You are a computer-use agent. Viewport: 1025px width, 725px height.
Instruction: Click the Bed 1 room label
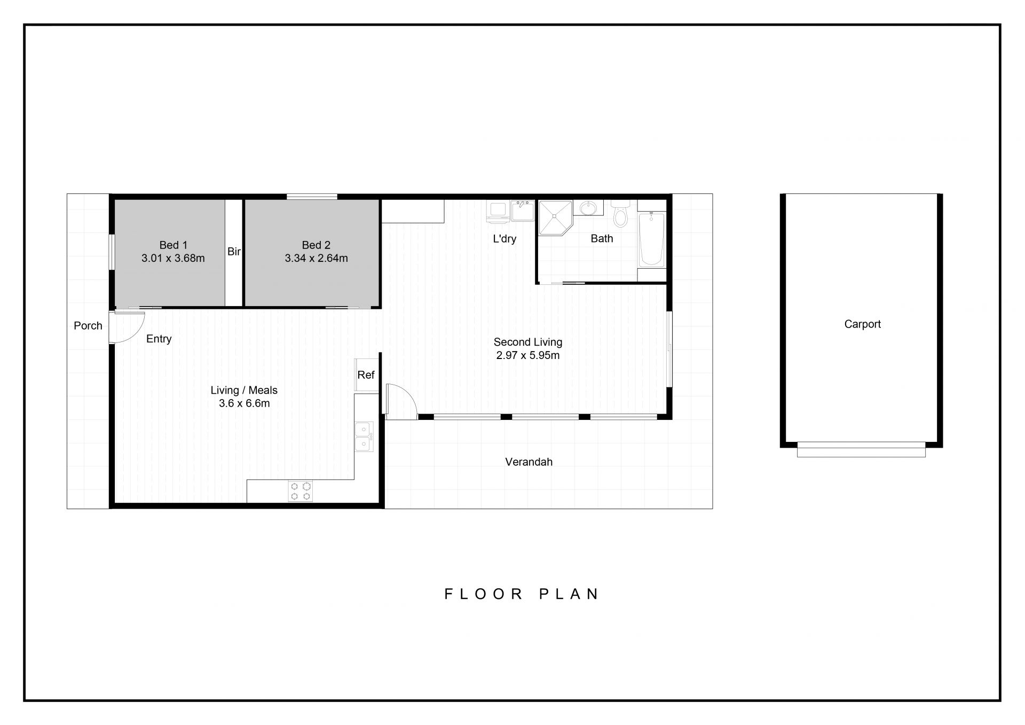coord(174,245)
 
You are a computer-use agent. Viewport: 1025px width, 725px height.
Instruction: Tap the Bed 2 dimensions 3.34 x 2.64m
coord(316,259)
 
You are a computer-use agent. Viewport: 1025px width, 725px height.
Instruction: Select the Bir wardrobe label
coord(234,251)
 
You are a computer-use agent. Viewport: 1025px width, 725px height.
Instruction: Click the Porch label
coord(88,325)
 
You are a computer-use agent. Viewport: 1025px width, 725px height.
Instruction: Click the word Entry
coord(159,339)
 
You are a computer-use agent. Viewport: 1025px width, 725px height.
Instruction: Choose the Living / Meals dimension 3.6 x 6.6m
coord(245,403)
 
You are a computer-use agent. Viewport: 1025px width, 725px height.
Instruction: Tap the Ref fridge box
coord(367,375)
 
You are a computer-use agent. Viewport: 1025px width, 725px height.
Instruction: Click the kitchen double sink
coord(364,436)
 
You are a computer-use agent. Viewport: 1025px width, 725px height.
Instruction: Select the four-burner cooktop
coord(301,492)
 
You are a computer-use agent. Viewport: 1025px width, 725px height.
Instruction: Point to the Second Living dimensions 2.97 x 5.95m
coord(528,355)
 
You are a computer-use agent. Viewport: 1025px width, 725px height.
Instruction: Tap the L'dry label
coord(504,239)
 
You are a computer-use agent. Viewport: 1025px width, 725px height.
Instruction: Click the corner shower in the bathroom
coord(555,217)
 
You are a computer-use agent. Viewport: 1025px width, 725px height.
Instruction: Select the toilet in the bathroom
coord(620,213)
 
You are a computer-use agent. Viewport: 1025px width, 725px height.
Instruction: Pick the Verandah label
coord(529,462)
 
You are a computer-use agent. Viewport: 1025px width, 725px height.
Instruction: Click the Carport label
coord(863,324)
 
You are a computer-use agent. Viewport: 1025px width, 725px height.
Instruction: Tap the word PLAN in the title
coord(570,594)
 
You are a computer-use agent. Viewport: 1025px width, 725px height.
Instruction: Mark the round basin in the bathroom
coord(588,207)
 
